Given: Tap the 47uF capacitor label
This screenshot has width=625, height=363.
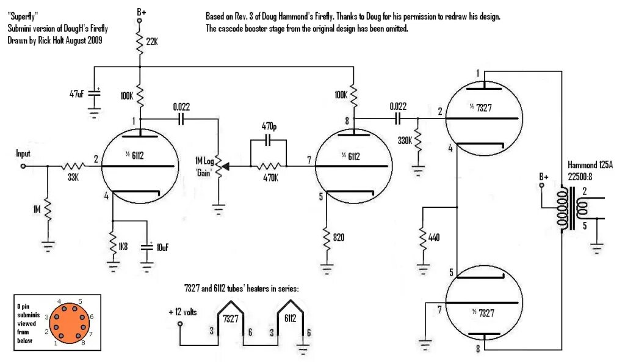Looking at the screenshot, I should tap(76, 94).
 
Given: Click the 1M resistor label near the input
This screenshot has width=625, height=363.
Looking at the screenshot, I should tap(37, 210).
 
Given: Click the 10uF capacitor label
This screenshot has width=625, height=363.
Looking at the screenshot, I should tap(162, 247).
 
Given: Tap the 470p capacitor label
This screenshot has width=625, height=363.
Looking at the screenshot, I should tap(268, 126).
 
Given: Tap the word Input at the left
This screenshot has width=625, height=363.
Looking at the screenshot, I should tap(23, 154).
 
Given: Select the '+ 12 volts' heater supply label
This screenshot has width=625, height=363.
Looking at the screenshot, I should tap(183, 312).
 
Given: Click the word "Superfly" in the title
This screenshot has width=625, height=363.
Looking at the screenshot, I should tap(22, 17).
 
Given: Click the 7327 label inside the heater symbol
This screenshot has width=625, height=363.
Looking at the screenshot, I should tap(230, 319).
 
